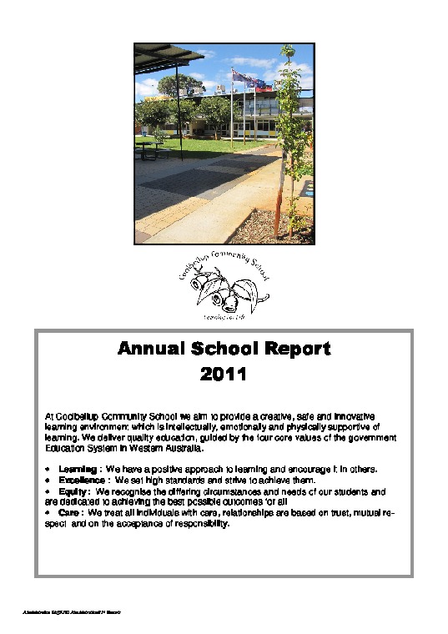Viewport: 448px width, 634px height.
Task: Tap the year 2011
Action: point(224,375)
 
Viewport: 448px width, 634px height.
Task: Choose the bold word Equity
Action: point(74,492)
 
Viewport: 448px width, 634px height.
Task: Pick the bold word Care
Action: point(70,513)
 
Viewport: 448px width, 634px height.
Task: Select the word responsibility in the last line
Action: point(194,525)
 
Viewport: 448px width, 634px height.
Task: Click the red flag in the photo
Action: point(261,84)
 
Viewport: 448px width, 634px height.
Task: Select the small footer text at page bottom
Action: point(73,612)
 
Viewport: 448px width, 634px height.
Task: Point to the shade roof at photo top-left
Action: point(164,58)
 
